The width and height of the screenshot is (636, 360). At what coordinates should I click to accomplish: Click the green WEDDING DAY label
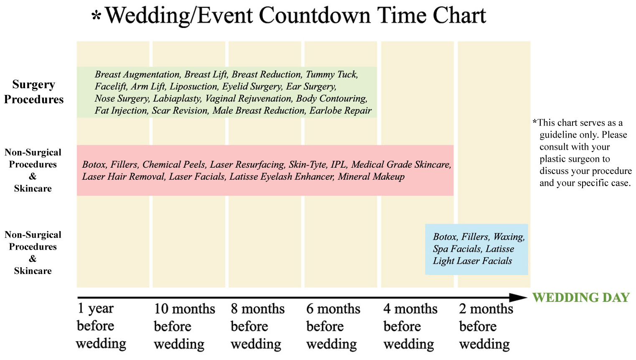581,298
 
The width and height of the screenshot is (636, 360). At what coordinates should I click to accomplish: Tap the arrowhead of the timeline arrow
519,297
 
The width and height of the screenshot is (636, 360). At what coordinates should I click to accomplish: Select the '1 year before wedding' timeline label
101,326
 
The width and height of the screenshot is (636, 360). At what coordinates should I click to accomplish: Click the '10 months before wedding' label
184,326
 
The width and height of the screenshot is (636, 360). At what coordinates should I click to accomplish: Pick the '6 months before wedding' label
333,326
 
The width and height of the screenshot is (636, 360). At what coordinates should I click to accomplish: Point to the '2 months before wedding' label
486,326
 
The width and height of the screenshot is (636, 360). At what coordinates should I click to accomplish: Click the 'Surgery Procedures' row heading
34,92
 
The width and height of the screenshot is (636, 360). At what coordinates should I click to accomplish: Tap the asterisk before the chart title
96,16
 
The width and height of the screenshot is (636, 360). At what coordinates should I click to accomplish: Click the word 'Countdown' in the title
315,15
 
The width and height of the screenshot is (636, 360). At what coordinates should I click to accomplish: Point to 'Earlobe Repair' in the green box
340,110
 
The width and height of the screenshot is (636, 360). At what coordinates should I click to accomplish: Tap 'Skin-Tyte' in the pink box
308,164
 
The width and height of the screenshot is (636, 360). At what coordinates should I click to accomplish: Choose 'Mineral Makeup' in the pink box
371,177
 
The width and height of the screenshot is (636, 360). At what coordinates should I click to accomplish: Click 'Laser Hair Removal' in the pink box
123,177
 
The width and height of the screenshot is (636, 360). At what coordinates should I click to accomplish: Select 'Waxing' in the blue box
509,237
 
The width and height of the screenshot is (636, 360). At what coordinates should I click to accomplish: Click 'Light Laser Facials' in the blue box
473,261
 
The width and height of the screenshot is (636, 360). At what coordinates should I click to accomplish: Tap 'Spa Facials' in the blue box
457,249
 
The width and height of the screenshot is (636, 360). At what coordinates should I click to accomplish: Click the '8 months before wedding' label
257,326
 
